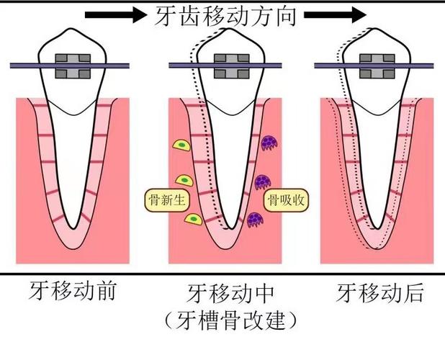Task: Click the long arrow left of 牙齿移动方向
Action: pos(115,15)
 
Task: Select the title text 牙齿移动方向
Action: pos(225,15)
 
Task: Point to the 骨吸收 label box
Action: pos(286,201)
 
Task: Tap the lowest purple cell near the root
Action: pos(254,220)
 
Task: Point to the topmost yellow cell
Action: pos(180,146)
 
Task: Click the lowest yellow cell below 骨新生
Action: pos(193,218)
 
